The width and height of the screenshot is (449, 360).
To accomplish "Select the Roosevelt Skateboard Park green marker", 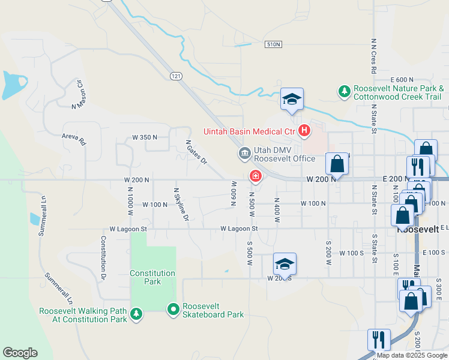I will pyautogui.click(x=173, y=310).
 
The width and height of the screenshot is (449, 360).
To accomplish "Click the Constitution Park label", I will pyautogui.click(x=153, y=277).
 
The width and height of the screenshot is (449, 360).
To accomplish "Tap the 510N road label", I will pyautogui.click(x=274, y=44).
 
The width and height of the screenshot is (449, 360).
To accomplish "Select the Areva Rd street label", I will pyautogui.click(x=74, y=140).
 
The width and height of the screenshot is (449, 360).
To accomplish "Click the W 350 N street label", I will pyautogui.click(x=145, y=137).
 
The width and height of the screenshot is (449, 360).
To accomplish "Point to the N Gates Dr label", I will pyautogui.click(x=196, y=152).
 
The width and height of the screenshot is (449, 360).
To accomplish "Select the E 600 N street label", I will pyautogui.click(x=402, y=80).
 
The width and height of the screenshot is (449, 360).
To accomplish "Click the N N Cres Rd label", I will pyautogui.click(x=373, y=56).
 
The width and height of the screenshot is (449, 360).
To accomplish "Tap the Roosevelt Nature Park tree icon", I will pyautogui.click(x=344, y=91).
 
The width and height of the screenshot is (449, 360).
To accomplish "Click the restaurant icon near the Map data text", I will pyautogui.click(x=379, y=340).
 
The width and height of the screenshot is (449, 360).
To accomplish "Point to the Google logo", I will pyautogui.click(x=20, y=353).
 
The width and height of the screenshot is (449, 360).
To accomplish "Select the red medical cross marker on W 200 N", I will pyautogui.click(x=256, y=176).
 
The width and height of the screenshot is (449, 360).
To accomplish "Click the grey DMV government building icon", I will pyautogui.click(x=245, y=154).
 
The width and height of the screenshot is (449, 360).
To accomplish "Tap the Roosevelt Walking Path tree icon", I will pyautogui.click(x=136, y=314).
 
